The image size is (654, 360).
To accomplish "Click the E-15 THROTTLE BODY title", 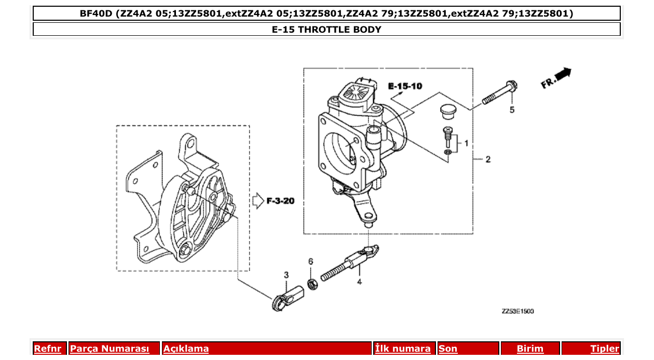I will tap(326, 30).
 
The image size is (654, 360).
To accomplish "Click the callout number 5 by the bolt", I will tap(512, 110).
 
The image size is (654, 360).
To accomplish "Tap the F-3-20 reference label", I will tap(280, 201).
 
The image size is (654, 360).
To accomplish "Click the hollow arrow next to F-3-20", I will tap(258, 201).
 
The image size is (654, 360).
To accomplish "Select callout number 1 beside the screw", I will tap(466, 142).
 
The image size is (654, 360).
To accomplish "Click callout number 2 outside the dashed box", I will tap(487, 159).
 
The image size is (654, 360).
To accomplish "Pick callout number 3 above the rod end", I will tap(286, 274).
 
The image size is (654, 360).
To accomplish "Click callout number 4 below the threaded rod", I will tap(359, 282).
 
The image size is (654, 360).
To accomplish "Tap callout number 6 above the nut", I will tap(311, 261).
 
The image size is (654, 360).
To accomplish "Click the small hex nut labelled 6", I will tap(312, 284).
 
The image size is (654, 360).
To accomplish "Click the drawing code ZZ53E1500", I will tap(517, 311).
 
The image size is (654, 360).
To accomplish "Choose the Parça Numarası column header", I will tap(110, 349).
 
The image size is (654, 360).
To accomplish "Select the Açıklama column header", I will tap(186, 349).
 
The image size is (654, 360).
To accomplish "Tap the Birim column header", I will tap(530, 349).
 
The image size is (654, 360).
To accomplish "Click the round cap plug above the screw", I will tap(446, 110).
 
